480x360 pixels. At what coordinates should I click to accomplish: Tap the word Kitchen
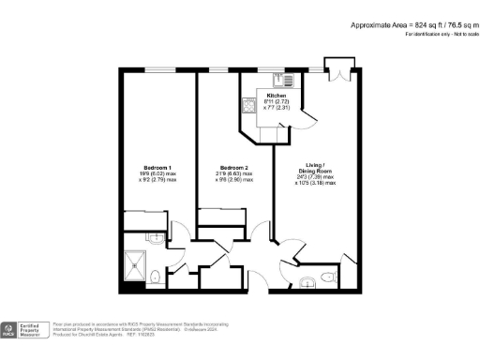point(277,96)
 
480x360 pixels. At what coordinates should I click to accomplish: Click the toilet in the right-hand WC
point(324,276)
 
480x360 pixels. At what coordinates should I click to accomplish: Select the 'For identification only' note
point(438,34)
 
